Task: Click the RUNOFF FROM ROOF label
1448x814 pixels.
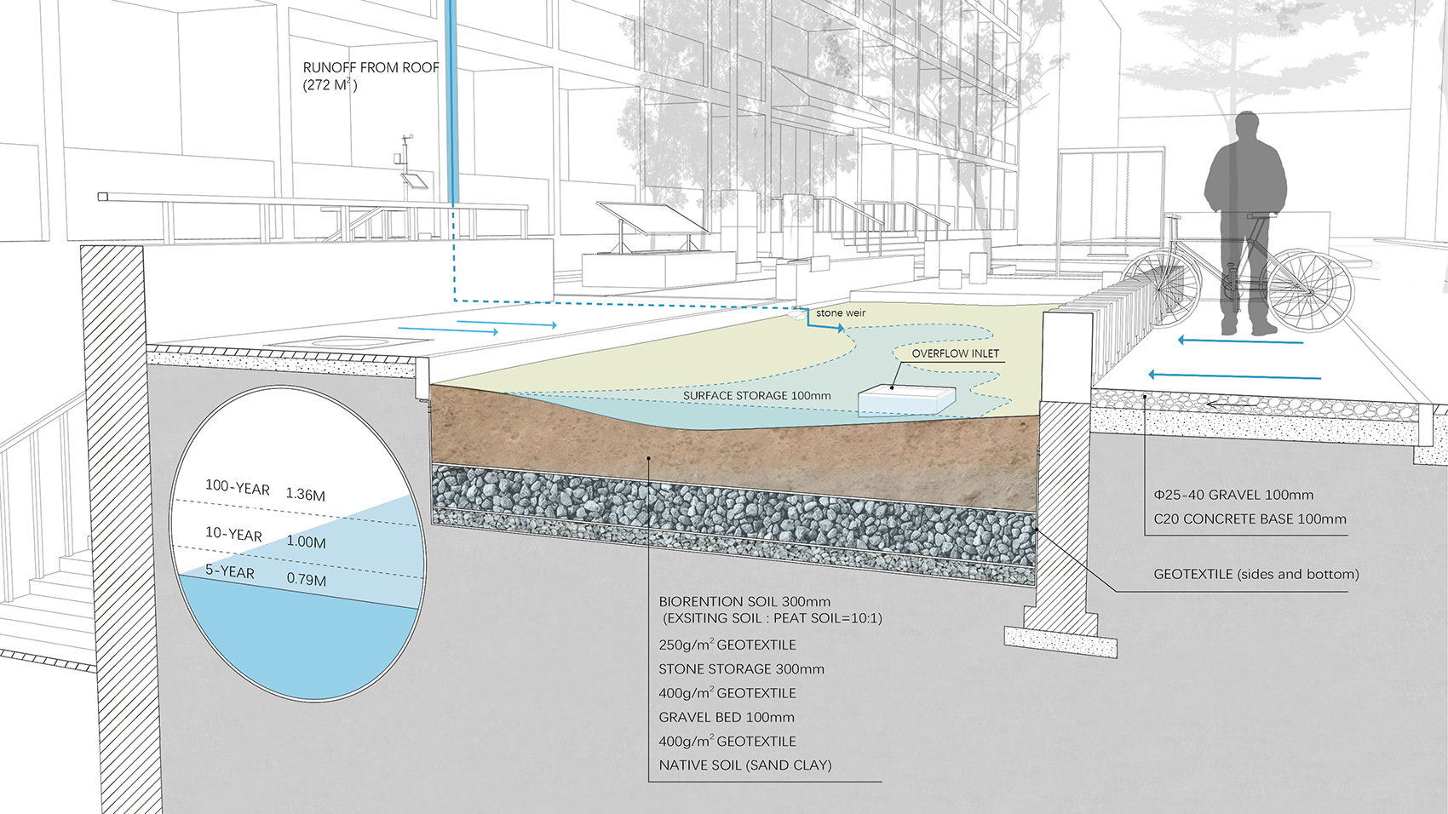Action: (x=371, y=68)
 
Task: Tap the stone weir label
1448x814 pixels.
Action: (x=840, y=312)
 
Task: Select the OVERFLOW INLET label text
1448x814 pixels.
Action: (x=955, y=353)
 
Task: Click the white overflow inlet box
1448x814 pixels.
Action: (x=906, y=399)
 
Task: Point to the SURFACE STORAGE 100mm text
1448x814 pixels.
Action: (x=756, y=396)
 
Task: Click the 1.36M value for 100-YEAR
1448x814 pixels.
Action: (x=305, y=494)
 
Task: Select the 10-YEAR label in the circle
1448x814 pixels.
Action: (x=233, y=534)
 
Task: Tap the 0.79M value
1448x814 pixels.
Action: (x=306, y=580)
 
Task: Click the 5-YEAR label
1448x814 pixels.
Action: (x=229, y=571)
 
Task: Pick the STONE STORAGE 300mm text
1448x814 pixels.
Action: (x=741, y=669)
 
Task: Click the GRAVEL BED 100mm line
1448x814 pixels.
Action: (x=726, y=718)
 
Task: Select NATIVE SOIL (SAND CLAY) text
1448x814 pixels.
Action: (x=744, y=765)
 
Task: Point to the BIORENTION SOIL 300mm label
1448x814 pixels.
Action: (x=744, y=602)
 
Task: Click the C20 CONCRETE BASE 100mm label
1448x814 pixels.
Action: (x=1250, y=519)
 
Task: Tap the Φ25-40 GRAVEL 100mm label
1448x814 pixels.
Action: (x=1233, y=495)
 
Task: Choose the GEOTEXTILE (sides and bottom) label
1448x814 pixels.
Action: (x=1256, y=574)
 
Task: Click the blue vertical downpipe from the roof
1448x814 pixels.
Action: (x=452, y=102)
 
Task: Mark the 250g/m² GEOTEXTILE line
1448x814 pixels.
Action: (x=727, y=645)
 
